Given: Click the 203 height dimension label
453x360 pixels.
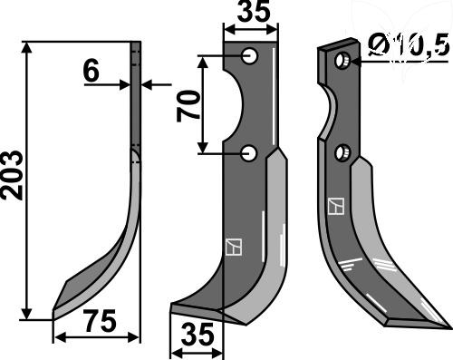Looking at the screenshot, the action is (12, 175).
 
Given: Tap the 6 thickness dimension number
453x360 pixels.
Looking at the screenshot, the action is (92, 72).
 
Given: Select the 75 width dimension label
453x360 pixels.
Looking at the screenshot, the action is (101, 320).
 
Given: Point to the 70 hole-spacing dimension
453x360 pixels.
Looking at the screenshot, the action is (188, 106).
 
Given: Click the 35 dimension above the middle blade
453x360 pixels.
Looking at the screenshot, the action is (254, 12).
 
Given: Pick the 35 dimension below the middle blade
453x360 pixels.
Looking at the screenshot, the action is (198, 334).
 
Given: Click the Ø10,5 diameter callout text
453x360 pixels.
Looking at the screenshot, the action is (409, 46).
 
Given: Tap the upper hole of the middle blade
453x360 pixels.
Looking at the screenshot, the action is (250, 56).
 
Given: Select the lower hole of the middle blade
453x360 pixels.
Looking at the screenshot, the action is (249, 153).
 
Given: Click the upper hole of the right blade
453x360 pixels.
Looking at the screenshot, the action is (342, 61).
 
